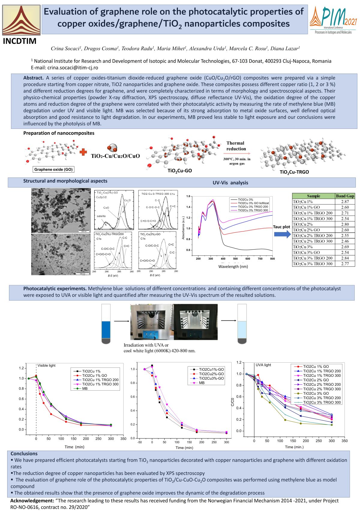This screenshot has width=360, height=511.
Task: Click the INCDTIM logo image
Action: [x=21, y=20]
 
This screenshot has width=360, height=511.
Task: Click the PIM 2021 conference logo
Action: [x=333, y=20]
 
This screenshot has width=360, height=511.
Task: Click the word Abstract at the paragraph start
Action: [x=33, y=78]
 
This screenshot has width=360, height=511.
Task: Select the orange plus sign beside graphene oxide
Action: [x=83, y=152]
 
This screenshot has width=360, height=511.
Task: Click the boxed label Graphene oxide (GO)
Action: [x=53, y=169]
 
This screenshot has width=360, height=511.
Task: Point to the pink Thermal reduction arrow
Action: [x=237, y=153]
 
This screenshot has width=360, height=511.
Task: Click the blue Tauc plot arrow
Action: [x=282, y=234]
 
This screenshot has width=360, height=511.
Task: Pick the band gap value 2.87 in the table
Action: [x=345, y=202]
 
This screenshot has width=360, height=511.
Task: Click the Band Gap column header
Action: [x=345, y=196]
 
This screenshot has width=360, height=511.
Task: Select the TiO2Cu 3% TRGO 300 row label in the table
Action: [x=313, y=264]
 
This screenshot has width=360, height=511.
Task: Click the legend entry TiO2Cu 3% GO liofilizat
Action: [x=253, y=203]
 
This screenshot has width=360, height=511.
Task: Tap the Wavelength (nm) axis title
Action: [x=233, y=266]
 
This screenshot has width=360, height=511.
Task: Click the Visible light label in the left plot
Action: [x=46, y=365]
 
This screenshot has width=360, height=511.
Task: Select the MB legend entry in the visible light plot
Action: [x=85, y=389]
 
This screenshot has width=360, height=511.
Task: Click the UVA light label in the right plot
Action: [x=263, y=365]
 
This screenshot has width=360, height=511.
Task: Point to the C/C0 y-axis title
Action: [x=232, y=402]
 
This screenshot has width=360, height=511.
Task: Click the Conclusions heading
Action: [x=24, y=454]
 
